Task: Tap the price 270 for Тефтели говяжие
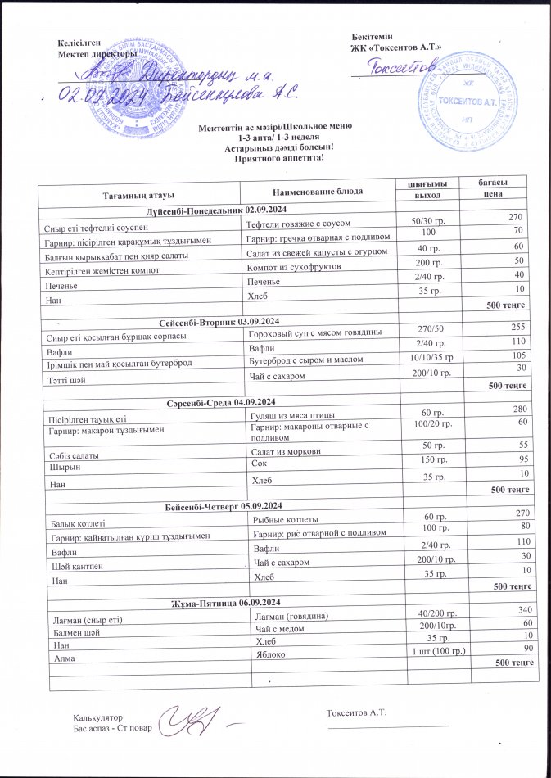tap(514, 217)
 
